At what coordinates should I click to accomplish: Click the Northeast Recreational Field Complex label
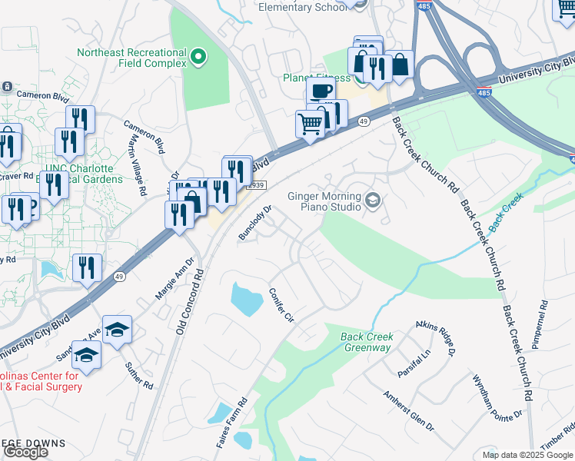click(131, 58)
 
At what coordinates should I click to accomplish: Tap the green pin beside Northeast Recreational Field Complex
click(198, 56)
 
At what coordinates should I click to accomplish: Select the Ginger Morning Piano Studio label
click(324, 201)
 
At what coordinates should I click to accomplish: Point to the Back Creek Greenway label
click(367, 343)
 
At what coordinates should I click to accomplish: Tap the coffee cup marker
click(321, 91)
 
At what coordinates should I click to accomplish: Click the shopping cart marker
click(309, 123)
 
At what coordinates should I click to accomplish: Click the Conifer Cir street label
click(281, 305)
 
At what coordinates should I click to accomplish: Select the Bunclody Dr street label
click(256, 223)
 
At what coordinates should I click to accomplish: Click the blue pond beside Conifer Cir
click(246, 299)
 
